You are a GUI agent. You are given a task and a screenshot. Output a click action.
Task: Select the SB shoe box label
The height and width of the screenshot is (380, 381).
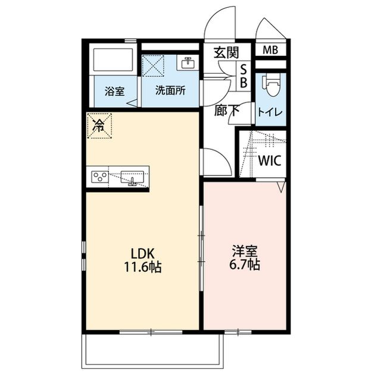coord(243,76)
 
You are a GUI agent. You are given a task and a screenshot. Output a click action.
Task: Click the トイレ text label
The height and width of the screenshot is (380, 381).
coord(270,112)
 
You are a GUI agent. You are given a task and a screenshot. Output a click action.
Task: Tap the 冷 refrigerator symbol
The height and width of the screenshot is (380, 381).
coord(99,125)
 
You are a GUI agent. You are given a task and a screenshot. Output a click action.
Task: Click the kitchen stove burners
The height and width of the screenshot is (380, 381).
coord(100,177)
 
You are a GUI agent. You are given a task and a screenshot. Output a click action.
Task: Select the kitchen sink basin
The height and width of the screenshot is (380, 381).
coord(132,177)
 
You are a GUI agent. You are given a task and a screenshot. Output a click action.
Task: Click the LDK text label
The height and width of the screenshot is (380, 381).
coord(142,253)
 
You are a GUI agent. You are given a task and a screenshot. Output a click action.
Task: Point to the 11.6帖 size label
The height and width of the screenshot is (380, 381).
coord(142,267)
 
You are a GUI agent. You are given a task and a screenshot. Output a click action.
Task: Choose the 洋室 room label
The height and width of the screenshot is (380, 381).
coord(245,250)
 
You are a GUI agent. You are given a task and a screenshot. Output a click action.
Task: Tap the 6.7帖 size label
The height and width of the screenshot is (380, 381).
coord(245,265)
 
